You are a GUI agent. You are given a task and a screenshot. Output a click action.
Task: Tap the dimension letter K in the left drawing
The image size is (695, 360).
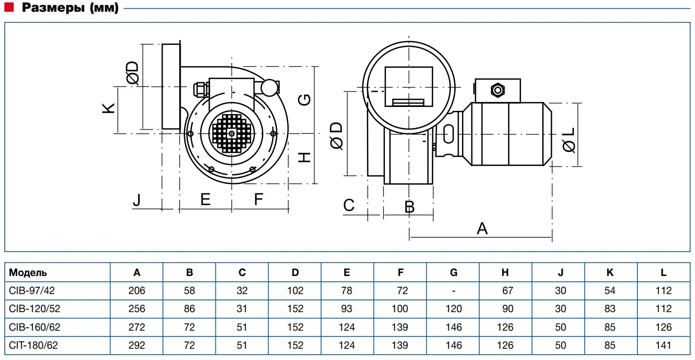coord(109,108)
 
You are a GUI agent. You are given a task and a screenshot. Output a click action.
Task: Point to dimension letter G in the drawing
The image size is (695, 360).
coord(304,100)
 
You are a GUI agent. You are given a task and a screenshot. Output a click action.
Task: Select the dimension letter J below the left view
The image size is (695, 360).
coord(138,200)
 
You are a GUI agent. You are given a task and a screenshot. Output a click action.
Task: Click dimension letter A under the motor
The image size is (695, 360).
coord(482,229)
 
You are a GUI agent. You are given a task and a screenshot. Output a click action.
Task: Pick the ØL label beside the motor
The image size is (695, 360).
coord(569,139)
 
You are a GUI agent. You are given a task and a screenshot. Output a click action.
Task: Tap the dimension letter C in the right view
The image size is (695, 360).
coord(349,205)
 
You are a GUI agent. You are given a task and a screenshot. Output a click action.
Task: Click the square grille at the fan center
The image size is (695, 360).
coord(231,133)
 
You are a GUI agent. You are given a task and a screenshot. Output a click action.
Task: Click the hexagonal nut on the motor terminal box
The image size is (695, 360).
coord(498,90)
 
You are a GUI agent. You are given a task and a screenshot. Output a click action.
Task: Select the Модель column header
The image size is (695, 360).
coord(28,273)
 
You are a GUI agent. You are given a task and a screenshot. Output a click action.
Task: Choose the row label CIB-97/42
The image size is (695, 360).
coord(32,291)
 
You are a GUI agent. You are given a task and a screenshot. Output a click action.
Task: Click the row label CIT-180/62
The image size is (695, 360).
coord(34,345)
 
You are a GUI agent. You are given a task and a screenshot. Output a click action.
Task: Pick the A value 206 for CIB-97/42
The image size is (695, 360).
coord(137,291)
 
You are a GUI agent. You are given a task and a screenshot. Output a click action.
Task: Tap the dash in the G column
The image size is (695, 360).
coord(454,291)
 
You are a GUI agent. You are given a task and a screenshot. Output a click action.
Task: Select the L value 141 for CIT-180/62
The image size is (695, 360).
coord(663,345)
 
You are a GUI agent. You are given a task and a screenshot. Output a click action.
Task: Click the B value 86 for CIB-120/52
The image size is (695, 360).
coord(190,309)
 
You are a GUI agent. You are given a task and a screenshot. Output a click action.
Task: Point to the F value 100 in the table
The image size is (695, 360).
coord(400,309)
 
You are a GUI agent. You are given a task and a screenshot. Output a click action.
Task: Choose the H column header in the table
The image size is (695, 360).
coord(505,273)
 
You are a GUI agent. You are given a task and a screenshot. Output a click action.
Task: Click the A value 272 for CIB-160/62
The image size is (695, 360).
coord(137,327)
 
